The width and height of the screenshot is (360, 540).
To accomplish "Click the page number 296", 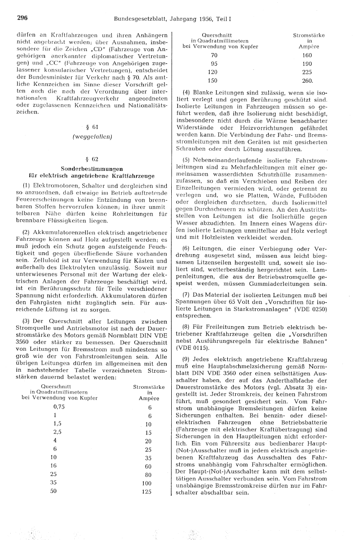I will (x=23, y=19).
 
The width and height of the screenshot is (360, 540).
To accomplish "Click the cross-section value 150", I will (x=214, y=81).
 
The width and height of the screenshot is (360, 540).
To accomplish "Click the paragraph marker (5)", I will (x=187, y=160).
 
